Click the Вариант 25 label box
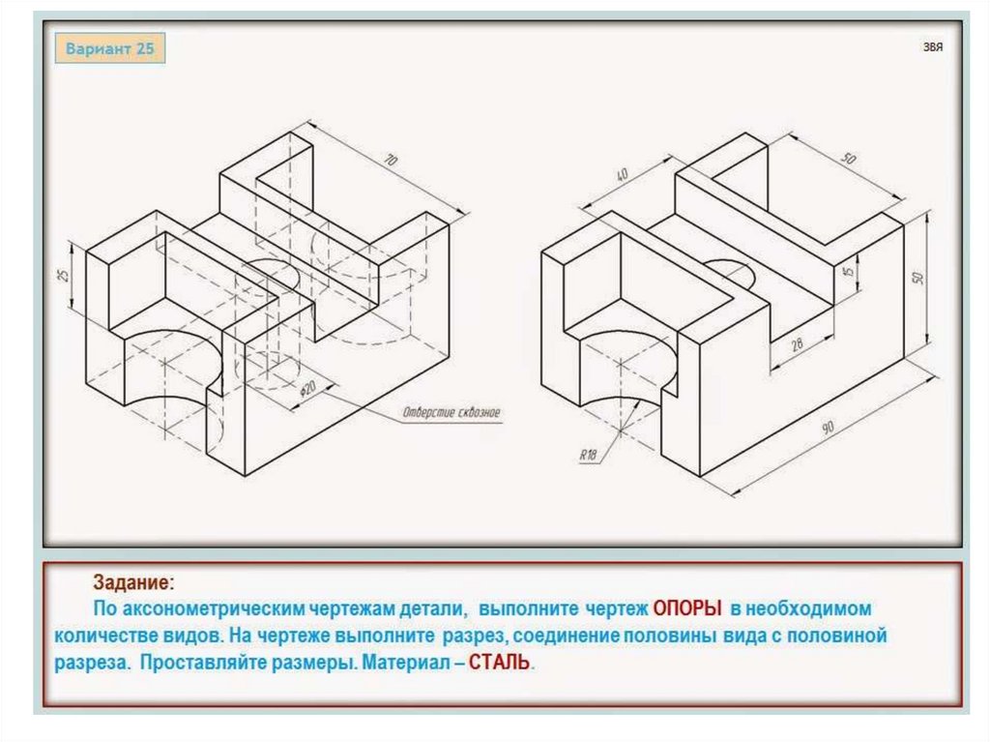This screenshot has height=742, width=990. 110,48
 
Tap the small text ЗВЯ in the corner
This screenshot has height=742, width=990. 933,46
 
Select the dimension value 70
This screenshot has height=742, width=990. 392,160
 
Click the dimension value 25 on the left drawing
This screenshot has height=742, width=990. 63,276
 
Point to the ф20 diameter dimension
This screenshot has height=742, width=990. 309,390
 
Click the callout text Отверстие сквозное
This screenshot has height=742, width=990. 451,413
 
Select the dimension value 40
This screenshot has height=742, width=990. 622,174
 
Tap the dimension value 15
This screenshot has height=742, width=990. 848,271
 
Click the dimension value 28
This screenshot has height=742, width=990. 797,344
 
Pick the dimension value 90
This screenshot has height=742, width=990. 828,428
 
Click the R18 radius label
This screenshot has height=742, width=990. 588,455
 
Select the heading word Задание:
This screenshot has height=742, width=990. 133,582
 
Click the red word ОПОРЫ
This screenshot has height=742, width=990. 687,608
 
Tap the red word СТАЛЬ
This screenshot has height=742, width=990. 500,663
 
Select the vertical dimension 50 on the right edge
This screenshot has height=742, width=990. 918,278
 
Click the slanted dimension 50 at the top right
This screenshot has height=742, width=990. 849,159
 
